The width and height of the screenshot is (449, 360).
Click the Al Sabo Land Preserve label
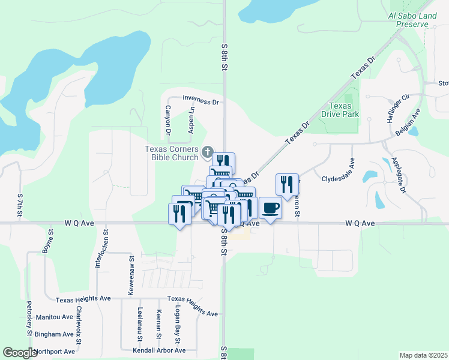click(413, 20)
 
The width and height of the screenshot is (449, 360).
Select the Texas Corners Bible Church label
click(172, 154)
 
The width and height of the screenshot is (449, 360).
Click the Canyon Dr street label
click(168, 120)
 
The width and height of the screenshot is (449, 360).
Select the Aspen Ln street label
click(191, 120)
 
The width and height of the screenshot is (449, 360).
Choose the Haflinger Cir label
click(397, 107)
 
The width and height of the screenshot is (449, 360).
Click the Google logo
click(20, 353)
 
